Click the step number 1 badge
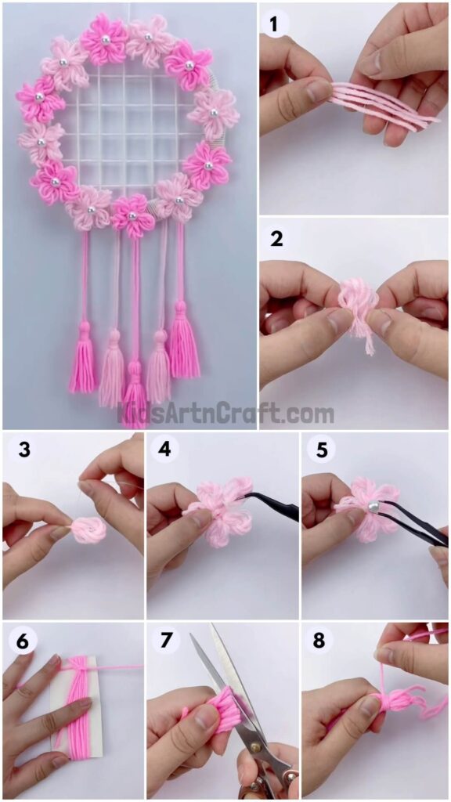(x=274, y=24)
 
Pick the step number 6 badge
(x=22, y=641)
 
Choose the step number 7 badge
(x=164, y=641)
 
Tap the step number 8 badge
(x=319, y=641)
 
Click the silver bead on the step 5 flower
(x=374, y=508)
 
